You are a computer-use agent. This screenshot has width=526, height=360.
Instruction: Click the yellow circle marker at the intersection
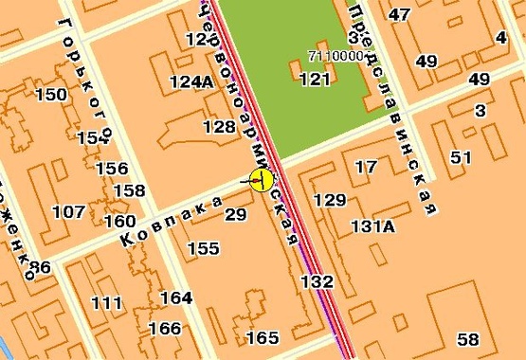[262, 179]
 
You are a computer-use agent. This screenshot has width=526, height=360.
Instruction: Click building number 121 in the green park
[315, 80]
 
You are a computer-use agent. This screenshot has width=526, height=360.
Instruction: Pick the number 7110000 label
[336, 56]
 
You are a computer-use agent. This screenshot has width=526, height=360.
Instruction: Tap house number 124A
[191, 81]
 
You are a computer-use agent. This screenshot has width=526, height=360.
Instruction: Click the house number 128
[219, 127]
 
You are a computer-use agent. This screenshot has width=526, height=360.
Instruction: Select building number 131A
[372, 226]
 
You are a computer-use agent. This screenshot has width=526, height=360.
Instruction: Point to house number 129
[330, 200]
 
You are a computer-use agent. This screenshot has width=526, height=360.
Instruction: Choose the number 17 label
[365, 168]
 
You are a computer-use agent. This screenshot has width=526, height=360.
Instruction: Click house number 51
[462, 157]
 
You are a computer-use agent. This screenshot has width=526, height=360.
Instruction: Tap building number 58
[467, 340]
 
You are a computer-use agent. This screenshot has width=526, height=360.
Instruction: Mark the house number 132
[317, 281]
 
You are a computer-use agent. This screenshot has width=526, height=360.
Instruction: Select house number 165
[263, 338]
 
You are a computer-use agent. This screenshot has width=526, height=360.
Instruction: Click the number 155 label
[203, 249]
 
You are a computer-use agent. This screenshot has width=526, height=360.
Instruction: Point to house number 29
[235, 215]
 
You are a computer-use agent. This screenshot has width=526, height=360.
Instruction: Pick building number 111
[106, 303]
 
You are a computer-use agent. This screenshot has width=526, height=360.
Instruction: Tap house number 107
[68, 211]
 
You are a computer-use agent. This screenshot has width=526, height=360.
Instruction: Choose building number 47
[400, 14]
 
